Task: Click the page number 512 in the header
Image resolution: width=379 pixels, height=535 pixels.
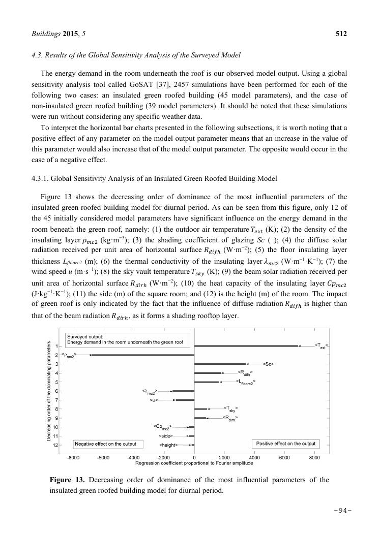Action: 341,34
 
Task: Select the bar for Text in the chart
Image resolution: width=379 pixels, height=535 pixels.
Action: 246,346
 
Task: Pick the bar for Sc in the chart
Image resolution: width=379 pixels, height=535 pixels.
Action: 220,364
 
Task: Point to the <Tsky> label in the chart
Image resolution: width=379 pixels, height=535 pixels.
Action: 230,408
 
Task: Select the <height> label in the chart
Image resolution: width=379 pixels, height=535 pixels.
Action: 168,445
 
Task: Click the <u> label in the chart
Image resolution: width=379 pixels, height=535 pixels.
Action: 154,400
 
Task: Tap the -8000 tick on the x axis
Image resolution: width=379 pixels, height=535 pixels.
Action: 73,457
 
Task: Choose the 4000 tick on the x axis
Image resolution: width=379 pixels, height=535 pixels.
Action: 254,457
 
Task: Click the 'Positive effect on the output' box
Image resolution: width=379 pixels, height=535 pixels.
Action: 285,444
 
